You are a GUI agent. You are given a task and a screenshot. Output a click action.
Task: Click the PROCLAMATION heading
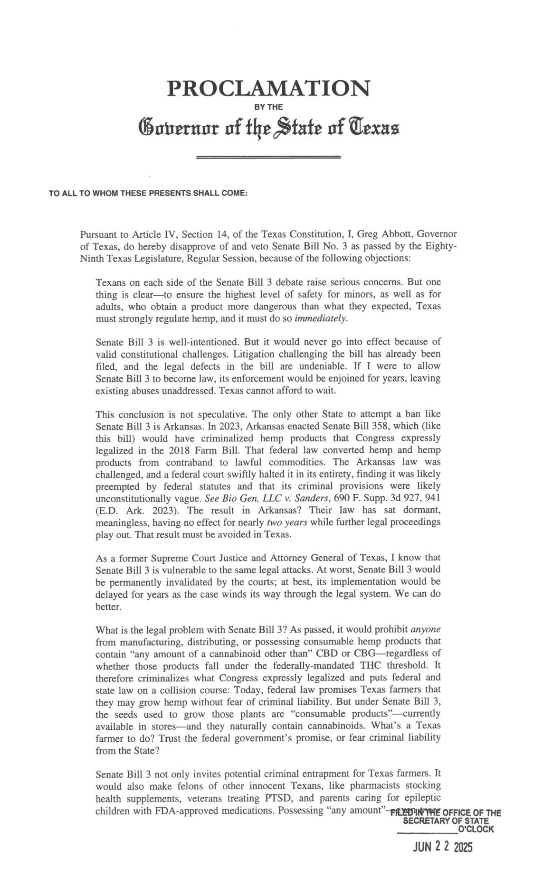click(268, 88)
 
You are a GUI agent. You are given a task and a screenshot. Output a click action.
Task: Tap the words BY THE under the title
click(269, 107)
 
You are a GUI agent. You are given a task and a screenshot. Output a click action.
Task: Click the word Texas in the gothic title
click(374, 128)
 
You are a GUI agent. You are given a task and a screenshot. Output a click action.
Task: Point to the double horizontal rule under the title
click(268, 157)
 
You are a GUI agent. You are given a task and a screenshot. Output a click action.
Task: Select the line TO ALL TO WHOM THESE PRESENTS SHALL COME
click(148, 194)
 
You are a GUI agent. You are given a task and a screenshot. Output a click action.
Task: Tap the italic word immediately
click(321, 318)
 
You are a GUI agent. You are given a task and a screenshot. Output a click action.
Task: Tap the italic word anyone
click(425, 629)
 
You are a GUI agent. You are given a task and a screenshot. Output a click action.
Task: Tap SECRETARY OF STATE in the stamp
click(445, 821)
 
